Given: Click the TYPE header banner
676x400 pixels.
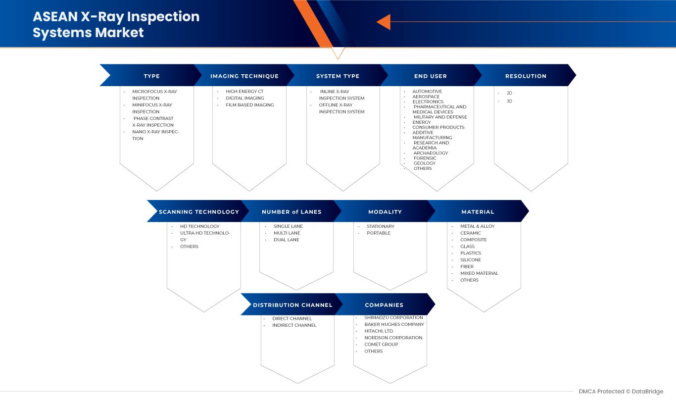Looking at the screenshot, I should click(151, 76).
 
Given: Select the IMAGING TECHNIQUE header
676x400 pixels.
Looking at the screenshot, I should click(244, 76).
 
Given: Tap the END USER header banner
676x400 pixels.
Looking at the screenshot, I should click(431, 76).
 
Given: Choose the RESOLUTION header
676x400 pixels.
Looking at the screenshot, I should click(526, 76).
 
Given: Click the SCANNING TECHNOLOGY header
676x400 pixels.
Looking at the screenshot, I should click(199, 212).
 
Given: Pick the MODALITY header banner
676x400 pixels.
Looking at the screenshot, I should click(385, 212).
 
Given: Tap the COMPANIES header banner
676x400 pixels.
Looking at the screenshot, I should click(384, 305).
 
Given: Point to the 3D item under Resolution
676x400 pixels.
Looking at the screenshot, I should click(509, 101).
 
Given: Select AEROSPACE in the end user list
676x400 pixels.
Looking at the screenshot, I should click(426, 97).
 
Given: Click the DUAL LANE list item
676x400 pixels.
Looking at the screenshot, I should click(286, 240).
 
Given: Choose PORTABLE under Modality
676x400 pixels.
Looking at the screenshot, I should click(379, 233).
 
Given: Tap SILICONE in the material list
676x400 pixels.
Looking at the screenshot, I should click(470, 260).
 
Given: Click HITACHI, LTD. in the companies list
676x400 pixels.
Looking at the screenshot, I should click(379, 331).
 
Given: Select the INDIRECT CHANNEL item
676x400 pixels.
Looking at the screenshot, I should click(294, 325).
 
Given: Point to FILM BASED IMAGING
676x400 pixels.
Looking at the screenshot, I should click(249, 105).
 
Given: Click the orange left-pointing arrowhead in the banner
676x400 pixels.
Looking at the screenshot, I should click(384, 22).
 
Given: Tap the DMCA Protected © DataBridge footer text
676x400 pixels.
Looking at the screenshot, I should click(621, 392).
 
